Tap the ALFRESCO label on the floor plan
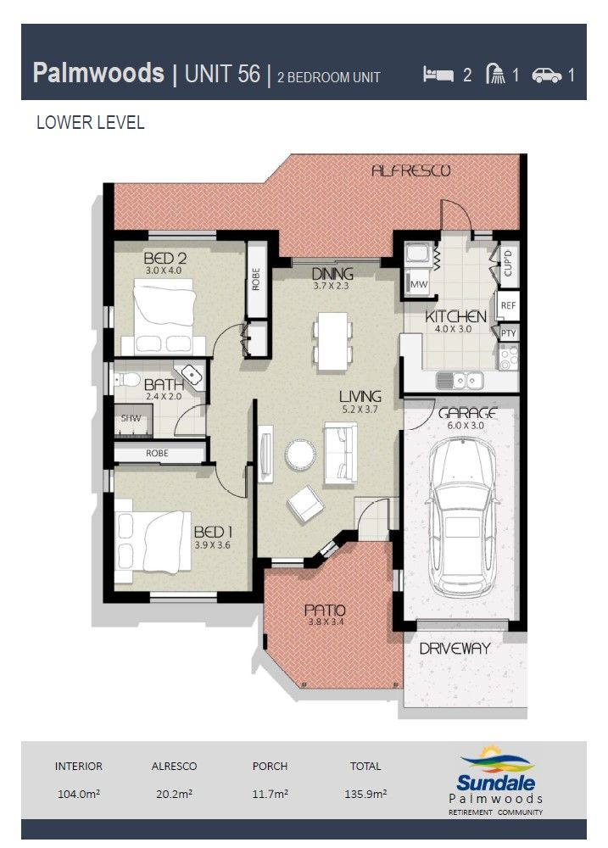[410, 171]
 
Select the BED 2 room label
[165, 258]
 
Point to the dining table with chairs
[332, 342]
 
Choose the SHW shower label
[130, 418]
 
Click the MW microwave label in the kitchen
[419, 285]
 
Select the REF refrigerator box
[508, 305]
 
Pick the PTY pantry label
[508, 333]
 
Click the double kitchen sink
[459, 380]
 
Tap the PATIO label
[325, 610]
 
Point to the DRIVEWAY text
[455, 649]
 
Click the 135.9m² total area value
[365, 794]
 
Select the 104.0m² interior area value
[79, 794]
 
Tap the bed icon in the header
[438, 75]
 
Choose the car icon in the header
[547, 75]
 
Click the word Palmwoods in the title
[98, 74]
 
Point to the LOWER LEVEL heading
[91, 123]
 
